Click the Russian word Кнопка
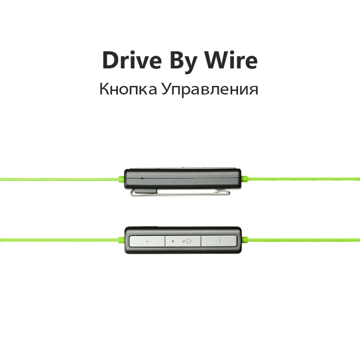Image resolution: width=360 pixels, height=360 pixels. pos(128,89)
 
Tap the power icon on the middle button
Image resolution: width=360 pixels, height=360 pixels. pos(188,241)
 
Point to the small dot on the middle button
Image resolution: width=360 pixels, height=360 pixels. pos(173,241)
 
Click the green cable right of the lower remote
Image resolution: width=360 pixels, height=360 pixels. pos(301,238)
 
